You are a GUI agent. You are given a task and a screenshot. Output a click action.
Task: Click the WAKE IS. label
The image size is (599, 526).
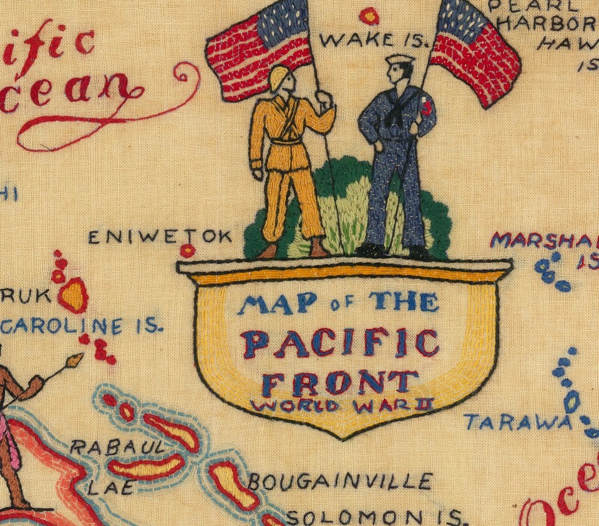(374, 41)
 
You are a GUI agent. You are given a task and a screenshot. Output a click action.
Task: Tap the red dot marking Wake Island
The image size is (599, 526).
(369, 15)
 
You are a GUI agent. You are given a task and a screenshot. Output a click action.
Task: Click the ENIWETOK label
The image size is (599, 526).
(160, 237)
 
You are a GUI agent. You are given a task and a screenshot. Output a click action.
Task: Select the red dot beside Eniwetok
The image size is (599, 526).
(187, 251)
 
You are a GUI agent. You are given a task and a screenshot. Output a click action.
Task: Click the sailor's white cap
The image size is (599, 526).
(399, 60)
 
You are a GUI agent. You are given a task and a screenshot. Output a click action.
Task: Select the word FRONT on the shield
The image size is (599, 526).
(339, 381)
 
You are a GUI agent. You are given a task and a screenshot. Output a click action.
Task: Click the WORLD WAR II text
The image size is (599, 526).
(341, 405)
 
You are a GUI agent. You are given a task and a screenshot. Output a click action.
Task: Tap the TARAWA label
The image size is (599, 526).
(517, 422)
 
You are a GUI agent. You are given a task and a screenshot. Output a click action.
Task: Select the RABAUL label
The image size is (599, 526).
(118, 447)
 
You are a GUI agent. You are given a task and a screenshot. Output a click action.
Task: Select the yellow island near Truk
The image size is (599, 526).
(74, 295)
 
